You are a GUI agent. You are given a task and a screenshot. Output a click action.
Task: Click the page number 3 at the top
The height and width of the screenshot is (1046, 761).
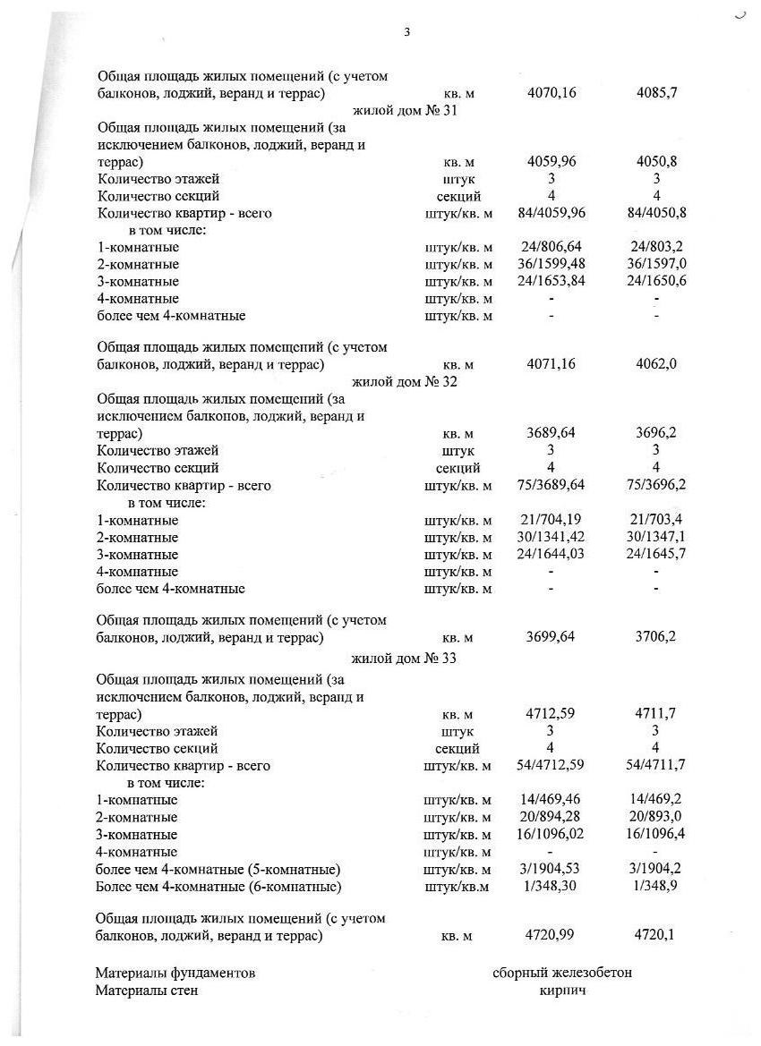point(406,32)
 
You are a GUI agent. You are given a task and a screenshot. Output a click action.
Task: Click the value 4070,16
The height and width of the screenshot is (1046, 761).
point(551,92)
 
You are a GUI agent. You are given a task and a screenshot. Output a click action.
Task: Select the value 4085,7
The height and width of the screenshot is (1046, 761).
point(656,92)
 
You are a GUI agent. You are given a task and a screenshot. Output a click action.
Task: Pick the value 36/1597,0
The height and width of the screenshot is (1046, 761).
point(657,264)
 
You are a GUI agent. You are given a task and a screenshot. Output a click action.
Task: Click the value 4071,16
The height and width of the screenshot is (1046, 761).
point(551,364)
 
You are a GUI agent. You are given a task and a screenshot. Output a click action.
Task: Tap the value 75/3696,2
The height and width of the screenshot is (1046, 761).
point(657,486)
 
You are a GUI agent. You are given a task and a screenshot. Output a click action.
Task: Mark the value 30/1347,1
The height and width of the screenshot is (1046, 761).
point(657,537)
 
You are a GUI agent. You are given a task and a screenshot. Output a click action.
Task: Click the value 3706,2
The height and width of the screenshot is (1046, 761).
point(656,638)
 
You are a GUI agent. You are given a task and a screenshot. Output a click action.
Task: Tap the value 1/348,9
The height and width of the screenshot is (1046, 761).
point(657,886)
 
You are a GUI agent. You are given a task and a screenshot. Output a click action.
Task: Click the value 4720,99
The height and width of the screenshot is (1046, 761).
point(551,935)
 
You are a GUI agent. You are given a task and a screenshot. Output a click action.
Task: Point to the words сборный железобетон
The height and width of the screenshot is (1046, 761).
point(561,973)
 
